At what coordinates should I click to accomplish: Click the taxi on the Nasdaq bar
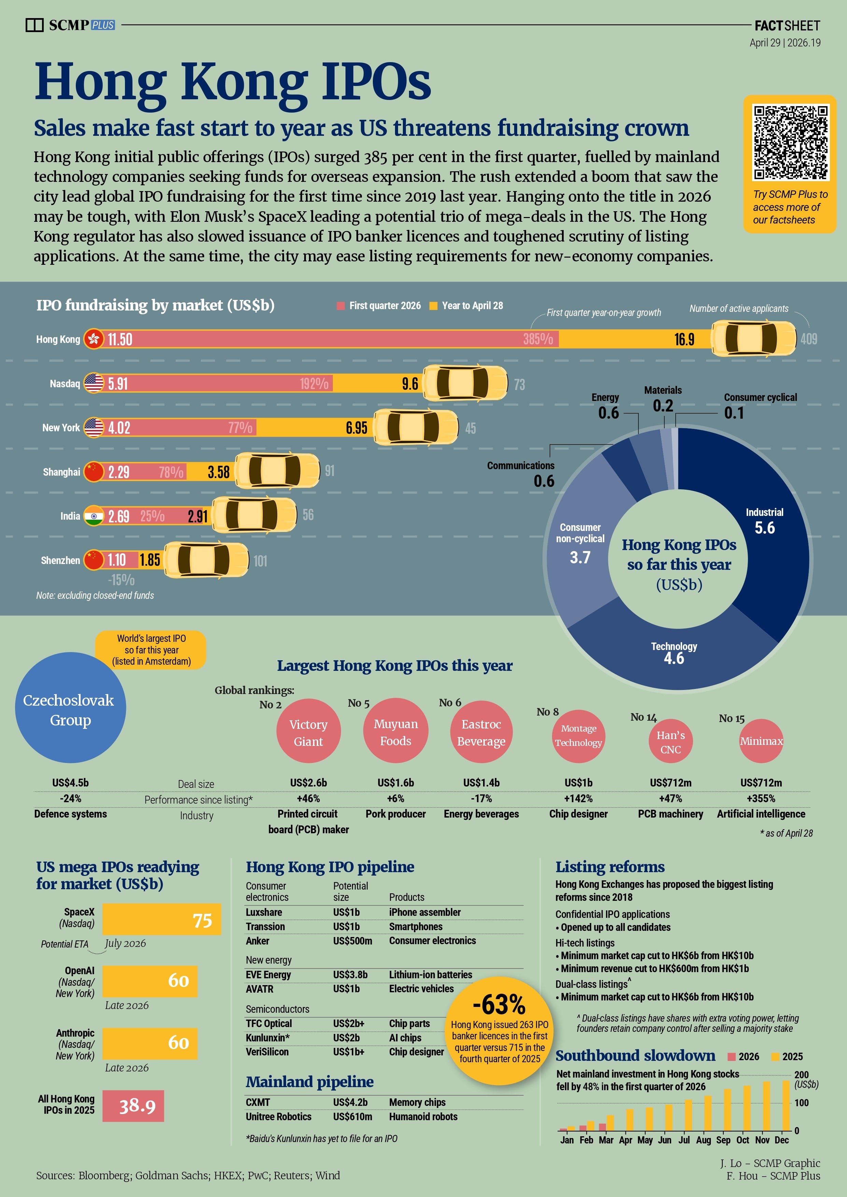pos(465,383)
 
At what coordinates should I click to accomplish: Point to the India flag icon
pos(94,516)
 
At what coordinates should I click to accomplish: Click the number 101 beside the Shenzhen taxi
pos(260,561)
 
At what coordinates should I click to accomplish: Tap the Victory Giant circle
pos(308,733)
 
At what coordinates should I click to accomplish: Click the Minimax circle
pos(761,741)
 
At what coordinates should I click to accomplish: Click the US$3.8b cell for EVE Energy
pos(350,975)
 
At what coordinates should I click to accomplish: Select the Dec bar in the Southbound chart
pos(786,1105)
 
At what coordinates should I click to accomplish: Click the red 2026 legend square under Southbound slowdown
pos(731,1057)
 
